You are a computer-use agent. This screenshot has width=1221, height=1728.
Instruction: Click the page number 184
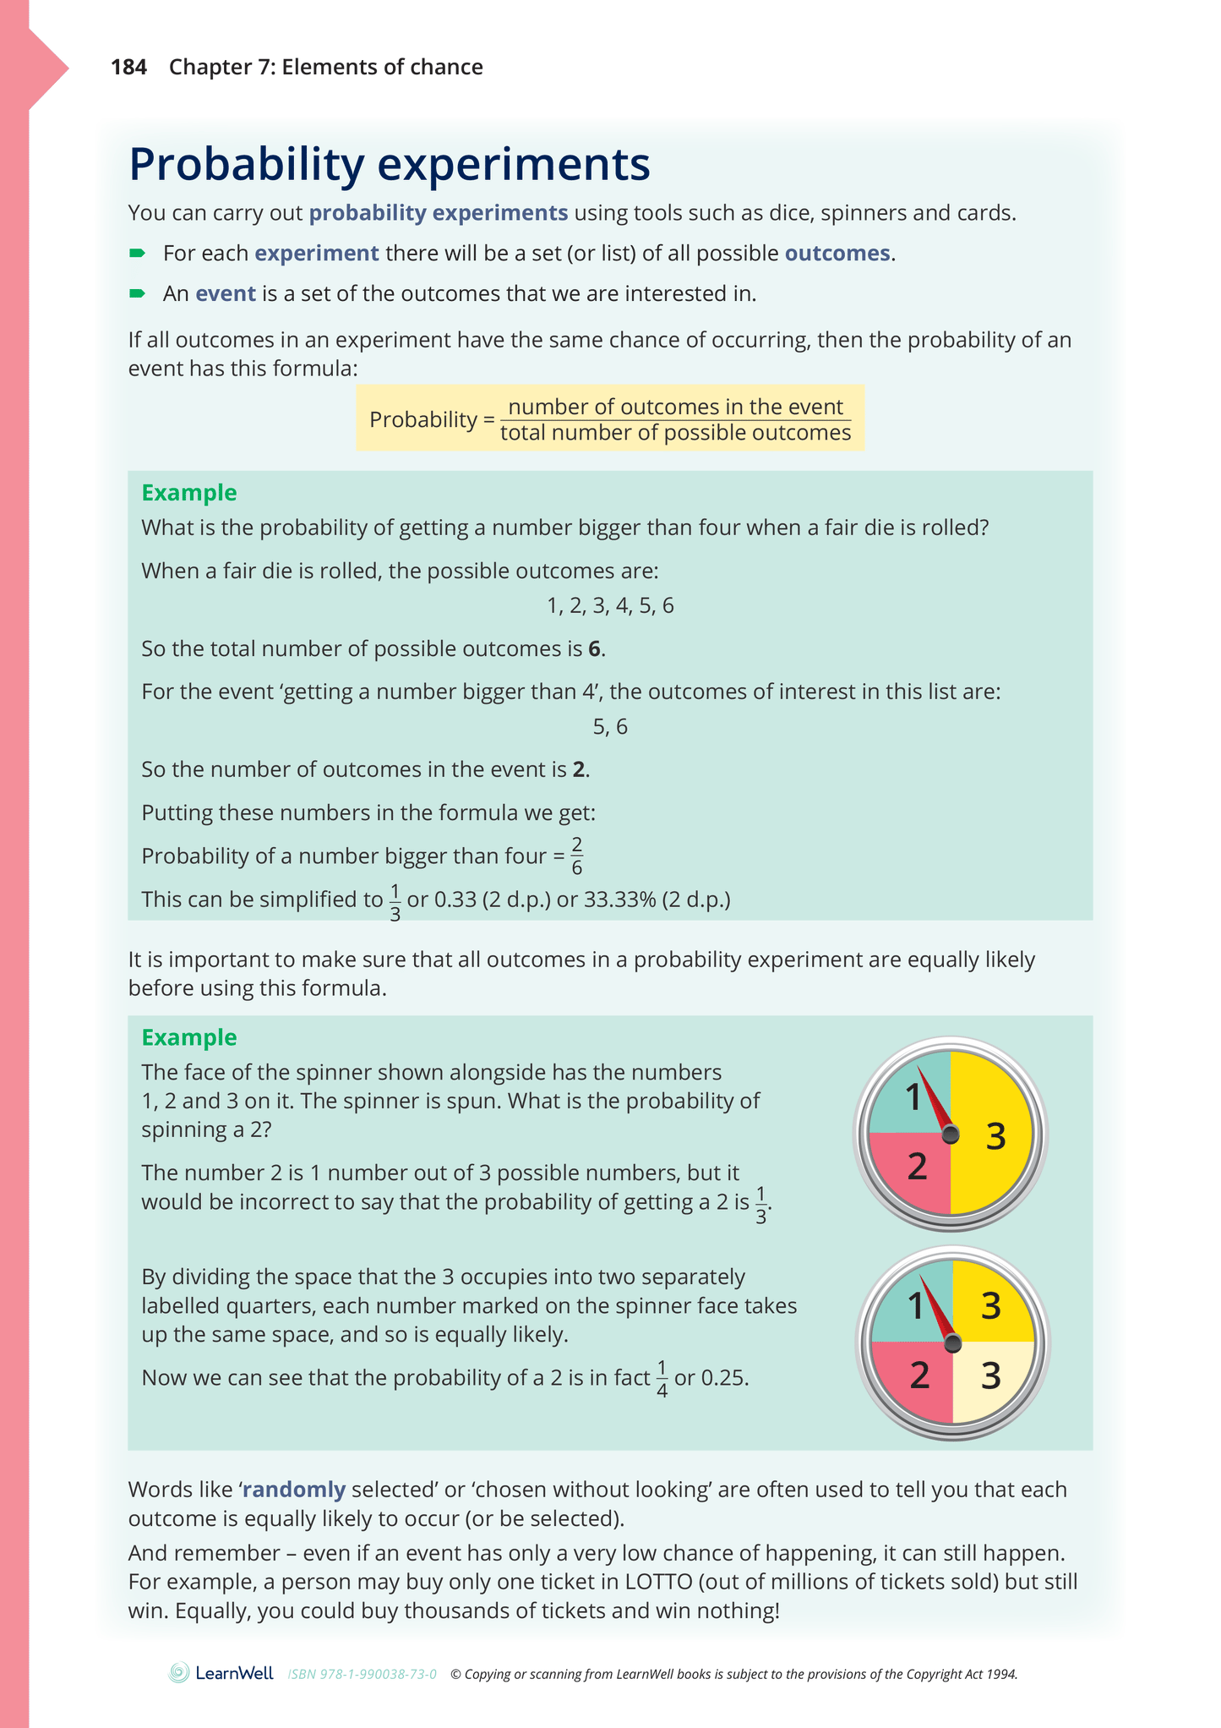click(128, 68)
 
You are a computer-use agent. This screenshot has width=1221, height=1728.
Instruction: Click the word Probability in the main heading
click(246, 165)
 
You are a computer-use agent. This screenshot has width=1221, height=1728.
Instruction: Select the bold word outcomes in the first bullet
click(837, 254)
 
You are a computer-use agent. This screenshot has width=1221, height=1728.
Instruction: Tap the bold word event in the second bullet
click(226, 294)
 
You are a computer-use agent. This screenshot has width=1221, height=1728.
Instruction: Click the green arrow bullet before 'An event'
click(137, 294)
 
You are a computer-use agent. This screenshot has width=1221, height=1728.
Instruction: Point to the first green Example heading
click(189, 493)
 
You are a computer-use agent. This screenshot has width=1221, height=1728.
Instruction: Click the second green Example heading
click(189, 1037)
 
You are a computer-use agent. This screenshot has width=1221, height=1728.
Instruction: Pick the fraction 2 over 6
click(576, 856)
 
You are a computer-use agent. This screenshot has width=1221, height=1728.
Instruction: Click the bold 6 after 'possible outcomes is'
click(595, 649)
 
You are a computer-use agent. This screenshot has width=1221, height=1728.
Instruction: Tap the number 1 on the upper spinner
click(913, 1098)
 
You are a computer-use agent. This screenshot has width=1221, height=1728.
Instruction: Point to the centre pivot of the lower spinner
click(953, 1342)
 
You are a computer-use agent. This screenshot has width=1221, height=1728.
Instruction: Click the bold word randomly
click(294, 1490)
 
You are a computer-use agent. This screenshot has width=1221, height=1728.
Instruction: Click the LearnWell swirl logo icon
click(179, 1673)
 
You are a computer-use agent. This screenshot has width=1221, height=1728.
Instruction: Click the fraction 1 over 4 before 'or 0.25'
click(662, 1379)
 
